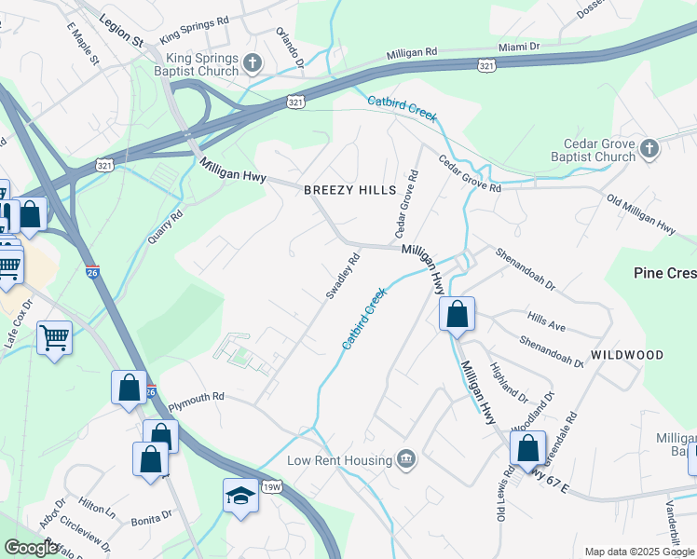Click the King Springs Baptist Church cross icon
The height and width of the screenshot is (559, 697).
pyautogui.click(x=252, y=64)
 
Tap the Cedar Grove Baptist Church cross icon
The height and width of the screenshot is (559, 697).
pyautogui.click(x=649, y=147)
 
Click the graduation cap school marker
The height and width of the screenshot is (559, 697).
pyautogui.click(x=240, y=496)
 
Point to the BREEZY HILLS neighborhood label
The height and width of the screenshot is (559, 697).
pyautogui.click(x=350, y=190)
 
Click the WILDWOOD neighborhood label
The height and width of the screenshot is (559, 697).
pyautogui.click(x=626, y=355)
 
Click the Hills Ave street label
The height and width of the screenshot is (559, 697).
pyautogui.click(x=546, y=322)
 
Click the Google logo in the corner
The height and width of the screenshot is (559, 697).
pyautogui.click(x=32, y=548)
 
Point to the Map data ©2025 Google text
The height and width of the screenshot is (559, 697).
pyautogui.click(x=639, y=552)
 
